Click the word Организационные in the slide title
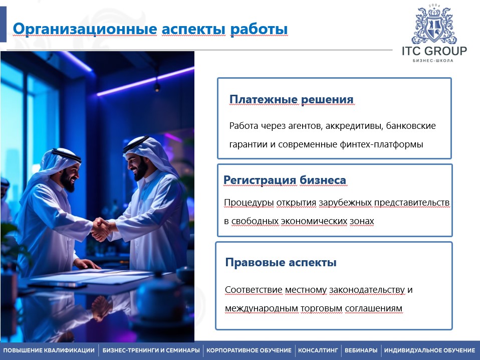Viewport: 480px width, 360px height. tap(85, 30)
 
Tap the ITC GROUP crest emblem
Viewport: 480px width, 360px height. tap(434, 25)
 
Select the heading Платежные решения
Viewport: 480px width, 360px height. tap(292, 99)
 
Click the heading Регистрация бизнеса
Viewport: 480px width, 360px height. tap(285, 180)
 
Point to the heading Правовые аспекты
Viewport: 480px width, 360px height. tap(281, 262)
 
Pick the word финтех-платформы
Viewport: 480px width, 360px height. tap(381, 144)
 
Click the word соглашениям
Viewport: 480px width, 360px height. tap(373, 308)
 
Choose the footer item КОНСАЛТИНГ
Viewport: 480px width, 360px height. tap(318, 350)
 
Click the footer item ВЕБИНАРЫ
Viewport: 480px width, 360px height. tap(361, 350)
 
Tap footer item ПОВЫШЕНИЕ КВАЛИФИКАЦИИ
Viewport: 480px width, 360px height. tap(49, 350)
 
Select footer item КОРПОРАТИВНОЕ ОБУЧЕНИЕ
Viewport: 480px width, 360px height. tap(249, 350)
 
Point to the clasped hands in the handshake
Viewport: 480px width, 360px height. tap(102, 229)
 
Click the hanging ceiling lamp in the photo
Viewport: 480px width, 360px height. tap(157, 87)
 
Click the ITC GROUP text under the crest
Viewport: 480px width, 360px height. tap(434, 51)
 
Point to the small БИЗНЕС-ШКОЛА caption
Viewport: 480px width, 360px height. tap(433, 61)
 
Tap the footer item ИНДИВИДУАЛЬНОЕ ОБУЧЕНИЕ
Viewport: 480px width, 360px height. tap(429, 350)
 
